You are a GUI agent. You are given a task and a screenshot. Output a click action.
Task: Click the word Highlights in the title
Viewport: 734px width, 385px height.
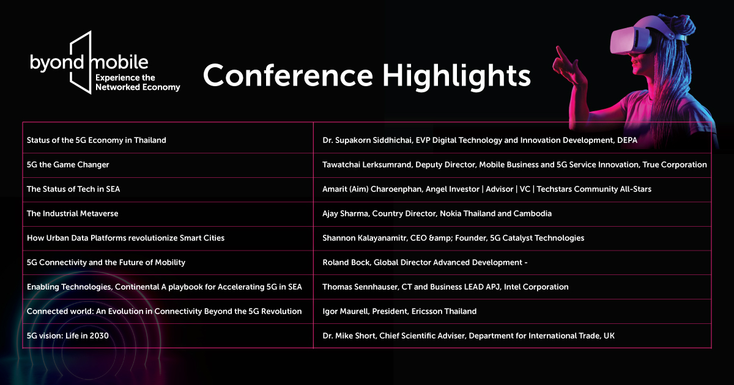click(456, 76)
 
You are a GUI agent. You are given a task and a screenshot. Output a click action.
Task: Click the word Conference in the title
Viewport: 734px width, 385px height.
click(288, 76)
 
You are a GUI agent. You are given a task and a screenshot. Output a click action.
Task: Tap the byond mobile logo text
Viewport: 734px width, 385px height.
click(89, 62)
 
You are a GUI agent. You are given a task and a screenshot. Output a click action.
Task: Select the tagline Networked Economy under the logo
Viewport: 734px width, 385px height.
click(138, 87)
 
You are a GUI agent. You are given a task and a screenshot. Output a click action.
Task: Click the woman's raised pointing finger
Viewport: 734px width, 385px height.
click(561, 53)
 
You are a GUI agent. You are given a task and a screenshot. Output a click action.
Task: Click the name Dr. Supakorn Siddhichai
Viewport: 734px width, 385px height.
click(367, 141)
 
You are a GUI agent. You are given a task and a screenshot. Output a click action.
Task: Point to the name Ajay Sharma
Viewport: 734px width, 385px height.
click(346, 214)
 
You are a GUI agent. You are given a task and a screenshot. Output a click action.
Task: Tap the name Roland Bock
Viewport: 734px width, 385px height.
click(346, 263)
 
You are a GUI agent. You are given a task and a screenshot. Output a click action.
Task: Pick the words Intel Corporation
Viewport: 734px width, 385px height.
click(536, 287)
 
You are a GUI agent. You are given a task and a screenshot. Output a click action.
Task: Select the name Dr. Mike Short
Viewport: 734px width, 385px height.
click(349, 336)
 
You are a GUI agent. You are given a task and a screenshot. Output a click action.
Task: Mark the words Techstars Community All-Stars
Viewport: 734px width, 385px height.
click(594, 189)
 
